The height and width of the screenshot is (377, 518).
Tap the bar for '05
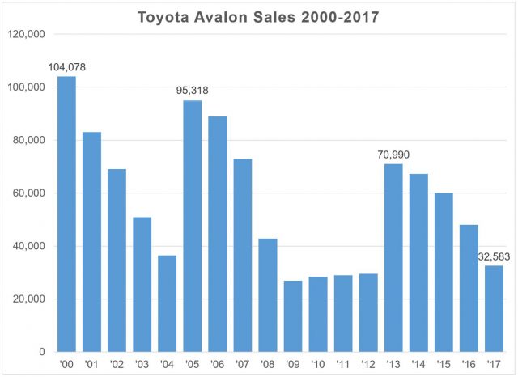(x=193, y=226)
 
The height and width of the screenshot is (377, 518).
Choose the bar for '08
(x=268, y=295)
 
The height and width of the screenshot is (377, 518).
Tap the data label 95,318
(x=193, y=91)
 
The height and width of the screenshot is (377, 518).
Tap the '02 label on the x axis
(x=117, y=364)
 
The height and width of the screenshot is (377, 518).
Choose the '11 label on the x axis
(x=343, y=364)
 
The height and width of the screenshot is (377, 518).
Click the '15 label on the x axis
(x=444, y=364)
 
